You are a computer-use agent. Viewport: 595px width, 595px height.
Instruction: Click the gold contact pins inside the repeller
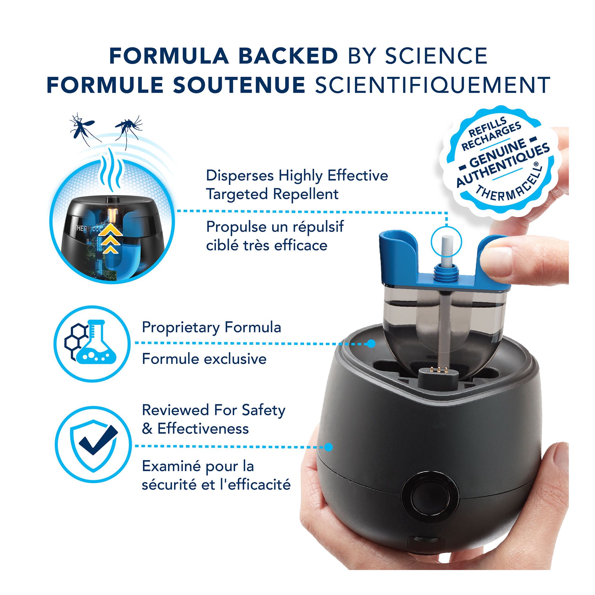(x=437, y=369)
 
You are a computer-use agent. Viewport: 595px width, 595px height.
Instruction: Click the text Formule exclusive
(x=204, y=359)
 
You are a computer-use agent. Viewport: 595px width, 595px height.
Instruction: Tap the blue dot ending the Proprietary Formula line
(x=371, y=343)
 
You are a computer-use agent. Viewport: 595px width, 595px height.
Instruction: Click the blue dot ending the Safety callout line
(x=329, y=447)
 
